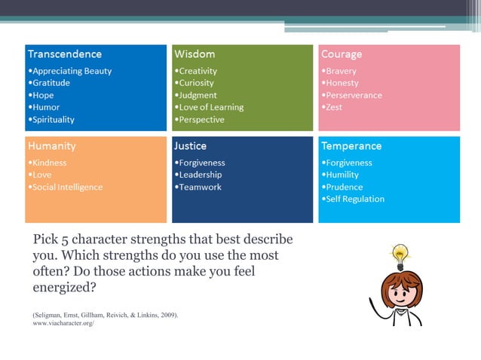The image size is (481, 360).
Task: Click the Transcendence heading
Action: tap(65, 54)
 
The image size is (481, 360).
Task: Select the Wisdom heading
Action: tap(195, 54)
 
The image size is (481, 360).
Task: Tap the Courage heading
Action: tap(342, 54)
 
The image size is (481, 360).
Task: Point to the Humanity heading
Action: tap(52, 145)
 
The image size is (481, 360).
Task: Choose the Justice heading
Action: tap(190, 145)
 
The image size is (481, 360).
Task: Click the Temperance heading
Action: tap(351, 145)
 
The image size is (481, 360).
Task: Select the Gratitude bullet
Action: tap(51, 83)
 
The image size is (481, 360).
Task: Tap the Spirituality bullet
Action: tap(53, 119)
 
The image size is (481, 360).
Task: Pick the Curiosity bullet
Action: tap(196, 83)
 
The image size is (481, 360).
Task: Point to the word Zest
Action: tap(334, 107)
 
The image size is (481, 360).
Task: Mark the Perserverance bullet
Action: tap(354, 95)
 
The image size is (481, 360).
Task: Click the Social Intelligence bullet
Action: tap(67, 187)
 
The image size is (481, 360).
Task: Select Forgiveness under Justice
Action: tap(201, 163)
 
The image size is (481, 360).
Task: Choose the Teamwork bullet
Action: tap(200, 187)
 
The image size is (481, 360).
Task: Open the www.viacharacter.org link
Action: tap(63, 322)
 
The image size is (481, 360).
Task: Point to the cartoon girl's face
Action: tap(400, 289)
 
